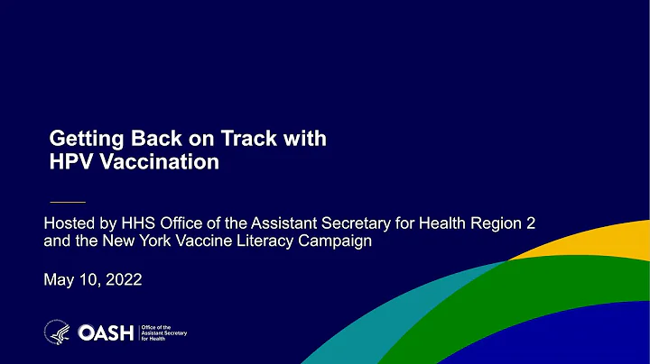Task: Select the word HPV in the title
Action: pyautogui.click(x=70, y=162)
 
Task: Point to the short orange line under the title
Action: pyautogui.click(x=66, y=200)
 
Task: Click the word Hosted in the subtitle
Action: pyautogui.click(x=70, y=223)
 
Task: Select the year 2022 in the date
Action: pyautogui.click(x=122, y=280)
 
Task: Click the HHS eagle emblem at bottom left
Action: pyautogui.click(x=56, y=332)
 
